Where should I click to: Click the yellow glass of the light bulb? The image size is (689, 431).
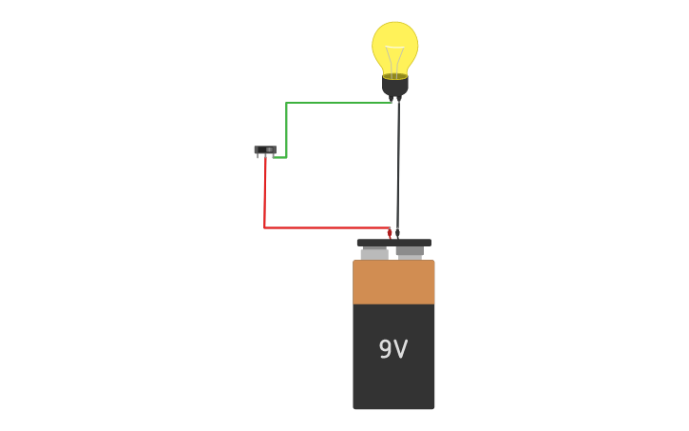click(394, 40)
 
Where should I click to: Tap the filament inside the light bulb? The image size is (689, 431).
click(394, 59)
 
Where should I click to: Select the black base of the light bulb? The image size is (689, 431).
click(395, 87)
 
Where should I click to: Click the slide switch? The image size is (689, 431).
click(265, 150)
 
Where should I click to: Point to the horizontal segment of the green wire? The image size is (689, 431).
click(337, 103)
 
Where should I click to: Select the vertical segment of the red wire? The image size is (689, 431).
click(264, 200)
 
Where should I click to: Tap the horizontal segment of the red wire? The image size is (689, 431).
click(323, 227)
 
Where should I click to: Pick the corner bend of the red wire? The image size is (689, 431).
click(264, 227)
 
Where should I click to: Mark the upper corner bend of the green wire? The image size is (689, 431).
click(286, 103)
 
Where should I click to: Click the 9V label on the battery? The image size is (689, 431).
click(392, 350)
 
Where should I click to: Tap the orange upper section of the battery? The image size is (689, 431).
click(393, 283)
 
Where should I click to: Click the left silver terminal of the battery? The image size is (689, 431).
click(374, 254)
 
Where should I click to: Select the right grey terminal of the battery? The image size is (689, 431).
click(410, 252)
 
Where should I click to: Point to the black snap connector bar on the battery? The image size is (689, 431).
click(393, 243)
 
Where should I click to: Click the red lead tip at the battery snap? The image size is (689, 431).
click(390, 232)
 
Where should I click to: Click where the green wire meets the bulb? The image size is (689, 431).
click(391, 102)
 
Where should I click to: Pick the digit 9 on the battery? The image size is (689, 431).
click(385, 350)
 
